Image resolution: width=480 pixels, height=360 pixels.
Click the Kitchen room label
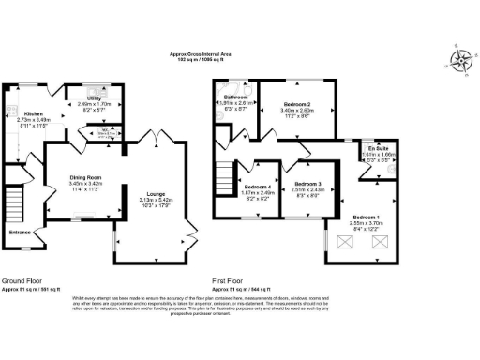pos(34,112)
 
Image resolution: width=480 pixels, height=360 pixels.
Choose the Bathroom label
pos(236,97)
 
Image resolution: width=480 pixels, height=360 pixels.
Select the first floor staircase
pos(224,177)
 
